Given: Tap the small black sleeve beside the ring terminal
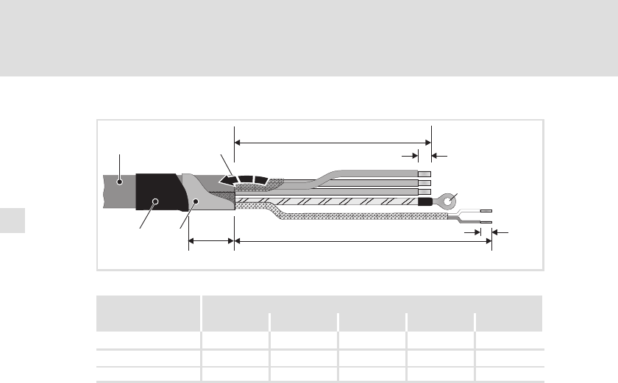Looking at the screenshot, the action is pyautogui.click(x=425, y=200).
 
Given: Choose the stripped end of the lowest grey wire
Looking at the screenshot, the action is pyautogui.click(x=424, y=191).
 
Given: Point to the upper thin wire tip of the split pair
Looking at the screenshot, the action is pyautogui.click(x=485, y=212).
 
